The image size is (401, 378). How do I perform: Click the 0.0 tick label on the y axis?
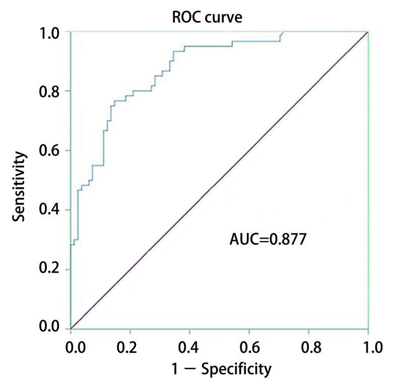51,328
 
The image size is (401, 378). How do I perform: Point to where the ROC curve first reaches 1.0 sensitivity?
284,32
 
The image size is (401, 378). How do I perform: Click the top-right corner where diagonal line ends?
368,32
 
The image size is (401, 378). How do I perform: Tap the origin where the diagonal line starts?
71,328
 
